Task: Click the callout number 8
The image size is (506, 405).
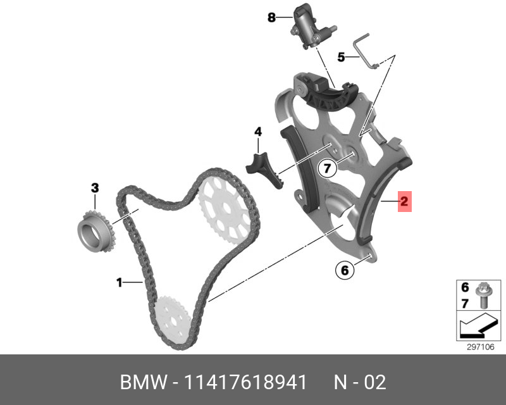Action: pyautogui.click(x=271, y=18)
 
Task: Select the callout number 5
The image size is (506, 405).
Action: pyautogui.click(x=341, y=57)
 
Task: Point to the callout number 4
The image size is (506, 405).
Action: pyautogui.click(x=258, y=132)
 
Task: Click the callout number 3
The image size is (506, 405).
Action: pyautogui.click(x=95, y=187)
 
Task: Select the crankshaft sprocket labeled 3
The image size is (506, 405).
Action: pyautogui.click(x=93, y=233)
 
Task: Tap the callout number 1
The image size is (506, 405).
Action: pyautogui.click(x=119, y=283)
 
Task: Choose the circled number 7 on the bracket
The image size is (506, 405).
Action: pyautogui.click(x=326, y=168)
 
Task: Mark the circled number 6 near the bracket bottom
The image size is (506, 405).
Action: pyautogui.click(x=344, y=271)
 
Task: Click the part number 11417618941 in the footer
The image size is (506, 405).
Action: pyautogui.click(x=247, y=383)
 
